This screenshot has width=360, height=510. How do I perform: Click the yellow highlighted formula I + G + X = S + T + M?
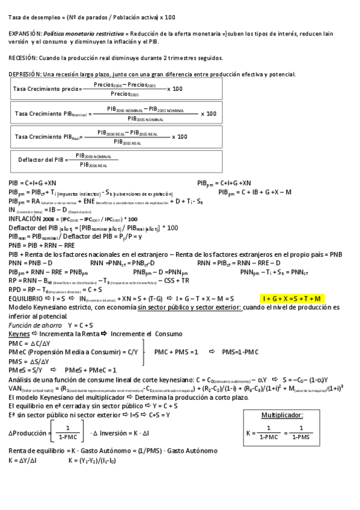coord(293,298)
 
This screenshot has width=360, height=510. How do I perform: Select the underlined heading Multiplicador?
coord(282,415)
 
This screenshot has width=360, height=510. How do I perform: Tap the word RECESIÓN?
coord(22,58)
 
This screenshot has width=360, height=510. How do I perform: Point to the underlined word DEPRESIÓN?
coord(25,74)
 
